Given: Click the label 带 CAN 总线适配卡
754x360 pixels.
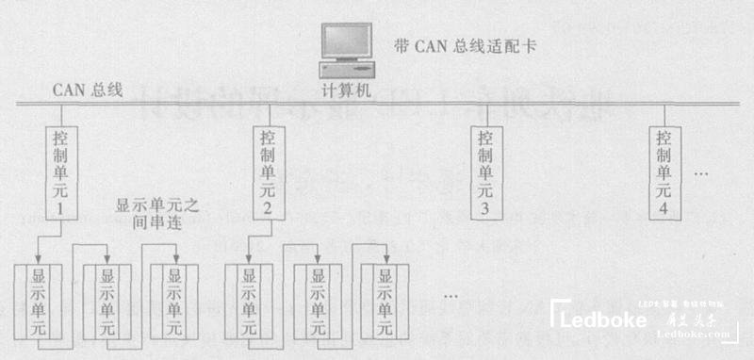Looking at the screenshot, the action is (464, 45).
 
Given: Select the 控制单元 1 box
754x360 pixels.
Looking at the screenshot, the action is (58, 170).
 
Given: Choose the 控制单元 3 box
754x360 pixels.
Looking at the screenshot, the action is (484, 170).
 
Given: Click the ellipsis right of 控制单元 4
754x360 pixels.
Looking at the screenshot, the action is (701, 175).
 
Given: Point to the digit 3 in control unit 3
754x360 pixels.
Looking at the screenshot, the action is (484, 209).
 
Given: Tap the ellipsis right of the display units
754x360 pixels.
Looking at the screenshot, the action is (450, 297).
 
